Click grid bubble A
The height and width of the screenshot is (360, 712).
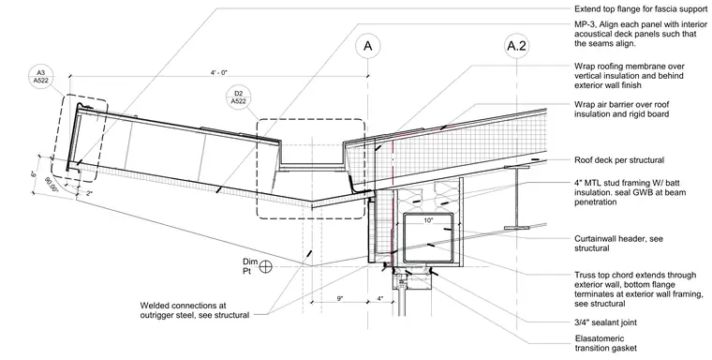(x=368, y=46)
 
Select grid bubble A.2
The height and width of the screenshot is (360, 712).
(x=517, y=46)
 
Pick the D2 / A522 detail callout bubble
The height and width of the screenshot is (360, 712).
(x=238, y=97)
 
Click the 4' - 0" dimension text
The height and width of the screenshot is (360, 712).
(x=219, y=72)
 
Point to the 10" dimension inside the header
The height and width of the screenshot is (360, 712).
(x=429, y=220)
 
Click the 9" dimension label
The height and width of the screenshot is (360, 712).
(x=340, y=299)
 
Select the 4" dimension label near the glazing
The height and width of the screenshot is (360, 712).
(x=379, y=299)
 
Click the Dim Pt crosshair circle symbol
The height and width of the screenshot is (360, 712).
(x=266, y=266)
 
